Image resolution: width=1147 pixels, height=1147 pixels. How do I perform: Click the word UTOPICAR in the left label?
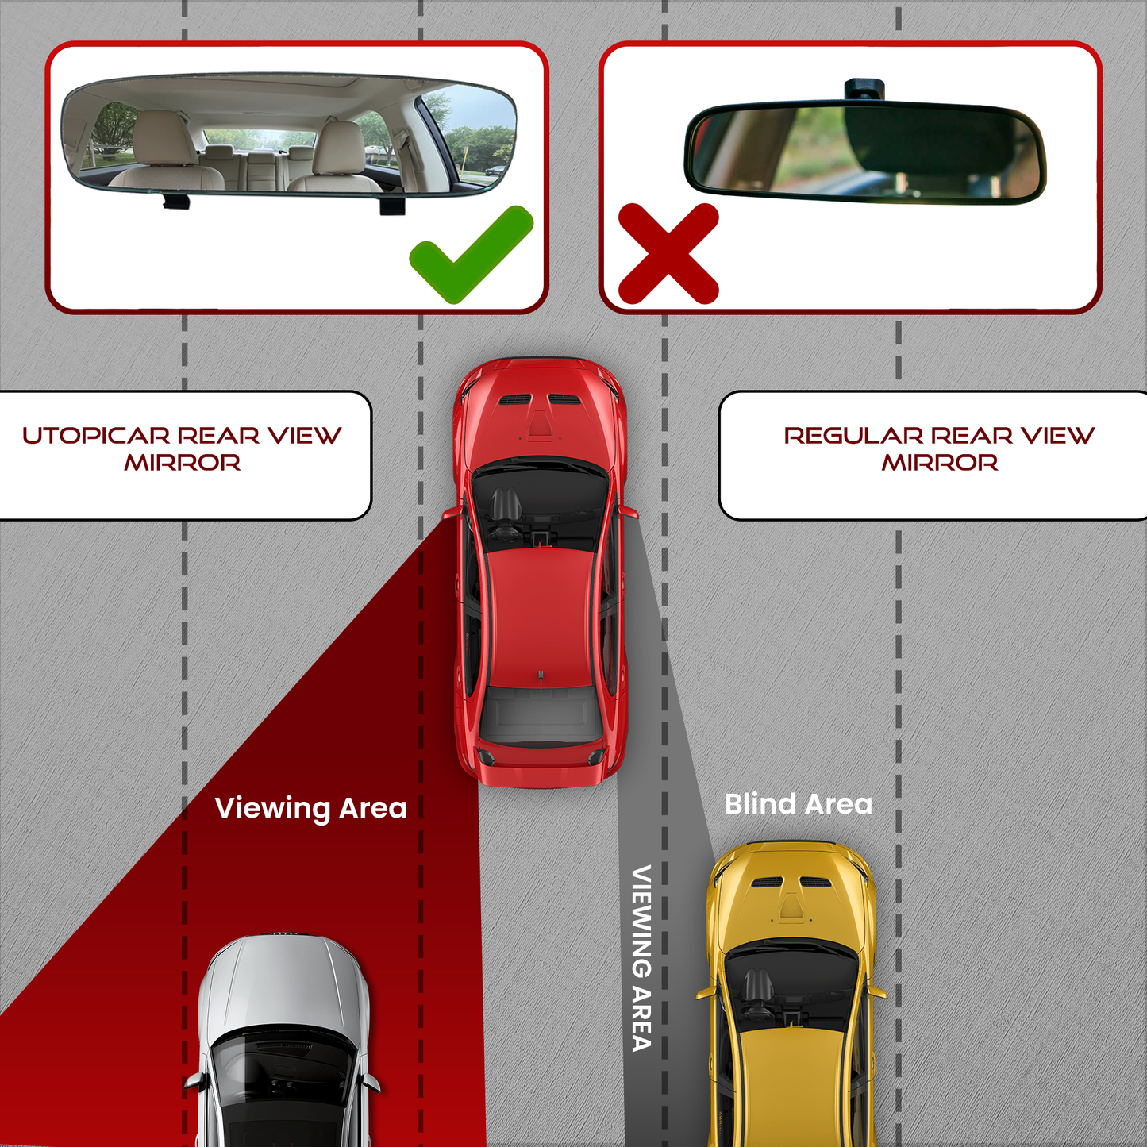coord(96,436)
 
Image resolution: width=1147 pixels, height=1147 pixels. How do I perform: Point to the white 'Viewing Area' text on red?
coord(310,808)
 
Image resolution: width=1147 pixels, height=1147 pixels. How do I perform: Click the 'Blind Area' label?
coord(799,804)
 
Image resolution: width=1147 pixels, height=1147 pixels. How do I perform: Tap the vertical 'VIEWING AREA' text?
coord(641,958)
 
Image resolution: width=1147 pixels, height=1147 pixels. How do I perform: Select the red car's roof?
coord(540,615)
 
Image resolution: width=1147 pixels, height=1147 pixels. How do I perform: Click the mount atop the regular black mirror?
coord(864,87)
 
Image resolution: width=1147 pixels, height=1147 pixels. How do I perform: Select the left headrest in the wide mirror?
coord(165,137)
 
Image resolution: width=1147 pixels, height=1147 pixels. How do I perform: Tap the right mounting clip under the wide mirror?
coord(392,206)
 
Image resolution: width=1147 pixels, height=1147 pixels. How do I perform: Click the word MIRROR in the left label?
coord(183,463)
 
